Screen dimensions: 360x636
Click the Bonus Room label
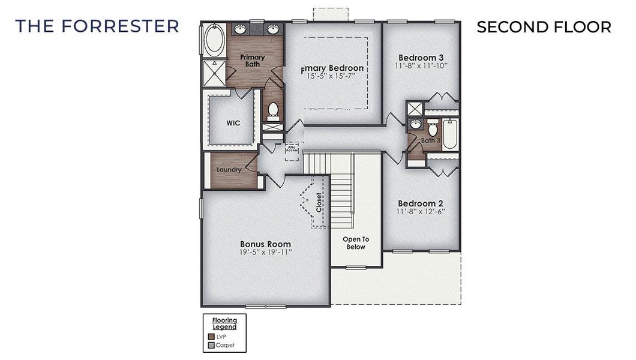[x=265, y=244]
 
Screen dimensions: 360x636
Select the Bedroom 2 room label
[x=421, y=203]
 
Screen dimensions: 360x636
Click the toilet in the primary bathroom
[x=272, y=110]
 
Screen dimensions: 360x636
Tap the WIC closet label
[x=233, y=123]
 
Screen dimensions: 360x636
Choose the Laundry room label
[x=229, y=170]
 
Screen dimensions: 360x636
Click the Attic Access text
[x=292, y=148]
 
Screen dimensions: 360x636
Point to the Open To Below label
[x=356, y=243]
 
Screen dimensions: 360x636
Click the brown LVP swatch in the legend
[x=211, y=337]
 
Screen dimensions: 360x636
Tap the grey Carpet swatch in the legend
[x=211, y=345]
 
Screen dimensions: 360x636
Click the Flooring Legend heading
[x=224, y=323]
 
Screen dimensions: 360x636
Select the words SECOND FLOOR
[x=544, y=27]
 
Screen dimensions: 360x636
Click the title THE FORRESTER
[x=97, y=26]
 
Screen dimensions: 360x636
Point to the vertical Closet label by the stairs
[x=319, y=203]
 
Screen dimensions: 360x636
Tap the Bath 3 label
[x=430, y=141]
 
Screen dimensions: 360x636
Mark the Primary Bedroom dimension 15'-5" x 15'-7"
[x=335, y=77]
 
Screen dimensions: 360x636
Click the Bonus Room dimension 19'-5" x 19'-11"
[x=265, y=253]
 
